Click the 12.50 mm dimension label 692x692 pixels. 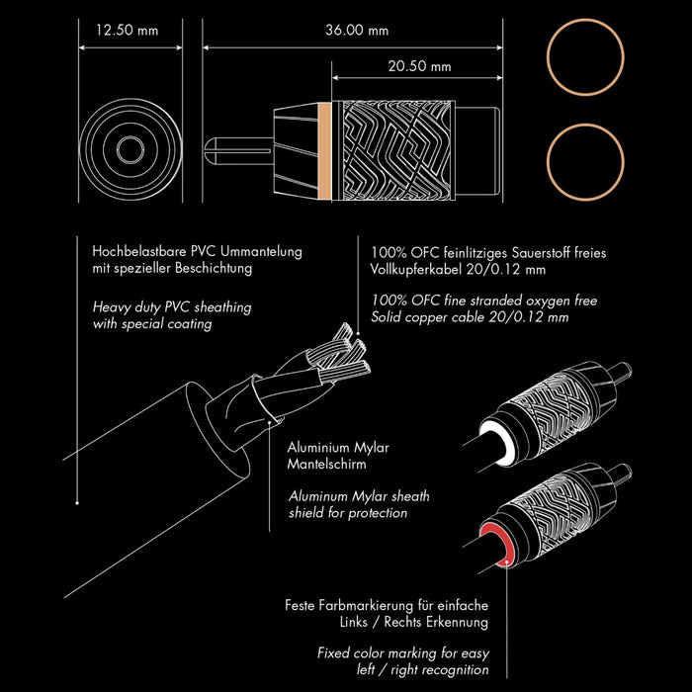pos(126,31)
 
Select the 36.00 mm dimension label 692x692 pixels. pos(357,31)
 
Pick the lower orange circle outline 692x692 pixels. pos(586,160)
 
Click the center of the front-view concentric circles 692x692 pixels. pos(128,150)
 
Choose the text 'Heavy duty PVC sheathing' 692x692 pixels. pos(172,307)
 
